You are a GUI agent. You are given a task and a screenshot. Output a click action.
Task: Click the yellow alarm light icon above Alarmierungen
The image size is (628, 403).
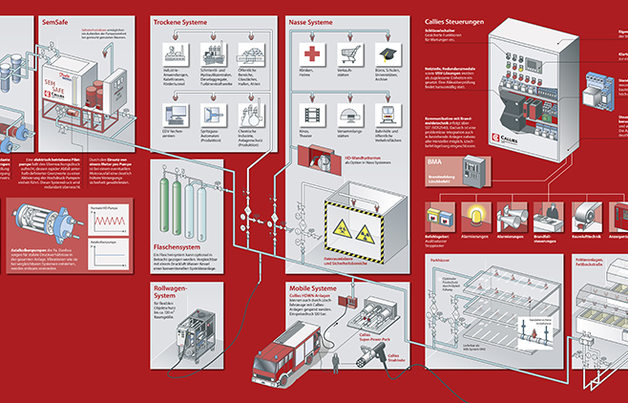click(474, 212)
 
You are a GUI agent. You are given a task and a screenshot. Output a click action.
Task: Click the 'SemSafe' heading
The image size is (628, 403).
click(54, 20)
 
